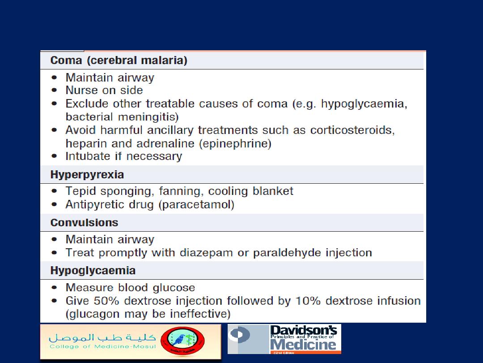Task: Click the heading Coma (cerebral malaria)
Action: (119, 60)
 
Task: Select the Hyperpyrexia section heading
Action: (87, 175)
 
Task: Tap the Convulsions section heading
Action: (84, 223)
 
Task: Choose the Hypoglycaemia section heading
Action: (93, 271)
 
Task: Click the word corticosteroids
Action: (352, 130)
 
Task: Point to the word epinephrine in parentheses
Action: (235, 144)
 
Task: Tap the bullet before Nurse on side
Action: (54, 91)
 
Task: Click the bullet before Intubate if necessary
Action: (54, 156)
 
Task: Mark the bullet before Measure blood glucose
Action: (54, 288)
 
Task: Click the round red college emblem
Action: (182, 341)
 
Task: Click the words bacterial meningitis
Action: (122, 117)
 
